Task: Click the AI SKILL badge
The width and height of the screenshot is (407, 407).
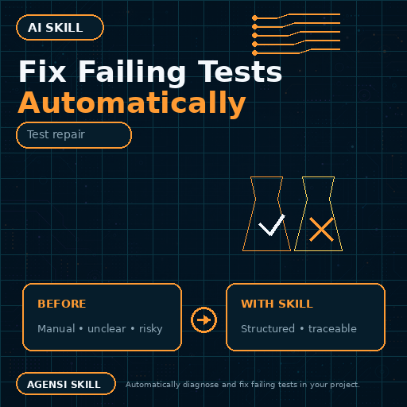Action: pos(60,27)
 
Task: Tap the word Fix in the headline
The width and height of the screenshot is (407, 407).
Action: pos(42,72)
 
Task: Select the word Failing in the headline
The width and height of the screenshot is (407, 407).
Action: pos(132,73)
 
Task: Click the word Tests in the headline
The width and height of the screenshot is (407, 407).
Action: pos(240,72)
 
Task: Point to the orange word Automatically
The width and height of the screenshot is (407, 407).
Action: pos(132,104)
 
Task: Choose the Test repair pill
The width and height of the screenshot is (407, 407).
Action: pos(74,135)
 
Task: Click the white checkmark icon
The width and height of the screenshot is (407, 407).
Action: pos(272,225)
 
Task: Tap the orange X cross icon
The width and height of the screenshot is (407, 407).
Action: pos(321,230)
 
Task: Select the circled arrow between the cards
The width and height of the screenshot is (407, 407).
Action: pos(203,320)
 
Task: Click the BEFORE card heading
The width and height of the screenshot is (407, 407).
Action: pos(62,304)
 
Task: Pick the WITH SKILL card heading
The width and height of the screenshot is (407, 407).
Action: pos(277,304)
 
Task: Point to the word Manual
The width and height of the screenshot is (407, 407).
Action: pos(56,329)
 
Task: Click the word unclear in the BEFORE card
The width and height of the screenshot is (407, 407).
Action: pos(107,329)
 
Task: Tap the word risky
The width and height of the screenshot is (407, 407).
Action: pos(151,329)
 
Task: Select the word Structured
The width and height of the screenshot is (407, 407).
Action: pos(268,329)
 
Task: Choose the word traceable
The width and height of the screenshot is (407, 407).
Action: pos(332,329)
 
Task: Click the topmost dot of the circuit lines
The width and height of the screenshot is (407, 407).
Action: pos(254,18)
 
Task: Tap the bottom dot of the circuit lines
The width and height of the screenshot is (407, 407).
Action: pos(254,53)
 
